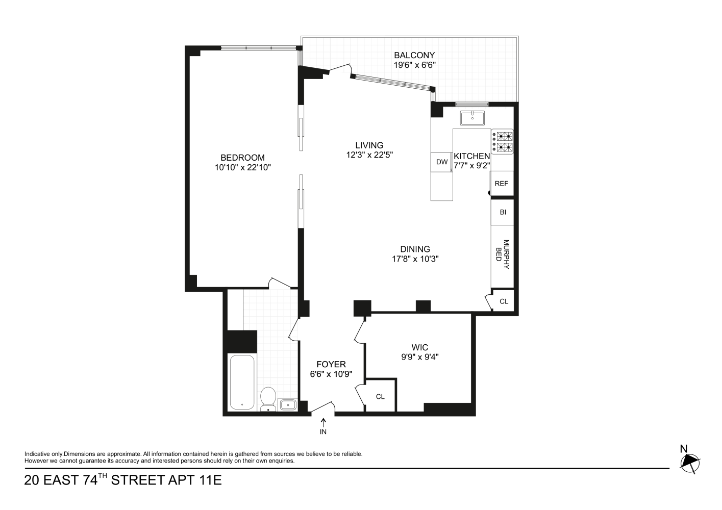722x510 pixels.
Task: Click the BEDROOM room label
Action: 242,158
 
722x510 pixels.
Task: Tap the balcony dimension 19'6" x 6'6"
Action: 414,65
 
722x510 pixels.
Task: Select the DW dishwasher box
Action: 441,162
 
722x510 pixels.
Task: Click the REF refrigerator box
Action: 502,184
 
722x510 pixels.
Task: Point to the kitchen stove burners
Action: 503,142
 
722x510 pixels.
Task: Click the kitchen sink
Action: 473,118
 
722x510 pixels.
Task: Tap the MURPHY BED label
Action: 503,250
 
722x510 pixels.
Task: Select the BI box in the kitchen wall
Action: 503,212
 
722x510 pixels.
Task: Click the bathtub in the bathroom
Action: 242,382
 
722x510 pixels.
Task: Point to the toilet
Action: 268,398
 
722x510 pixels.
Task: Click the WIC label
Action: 419,348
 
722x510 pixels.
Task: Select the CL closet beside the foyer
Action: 380,396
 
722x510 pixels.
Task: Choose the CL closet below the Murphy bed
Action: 504,301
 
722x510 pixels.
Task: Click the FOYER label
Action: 331,364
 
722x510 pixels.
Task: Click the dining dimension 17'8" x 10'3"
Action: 415,259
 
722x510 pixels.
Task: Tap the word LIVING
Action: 369,145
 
